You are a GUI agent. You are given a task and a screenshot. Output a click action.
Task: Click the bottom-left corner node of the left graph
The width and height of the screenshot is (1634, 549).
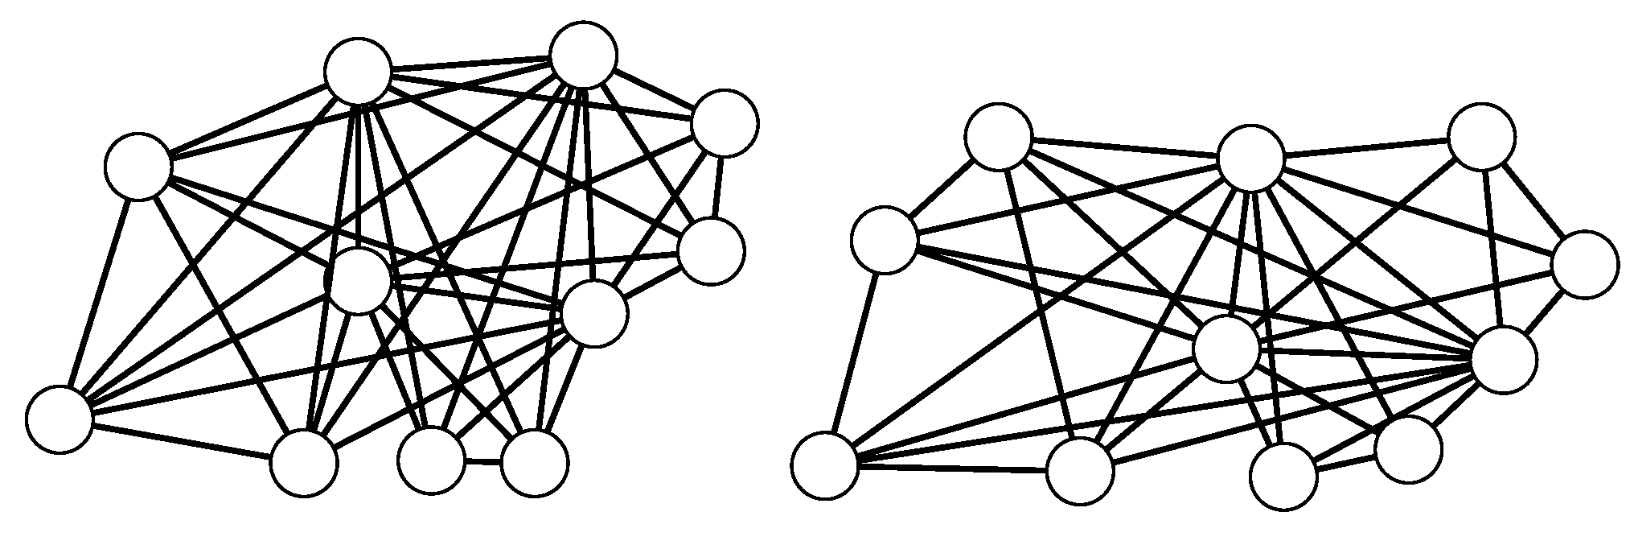tap(59, 419)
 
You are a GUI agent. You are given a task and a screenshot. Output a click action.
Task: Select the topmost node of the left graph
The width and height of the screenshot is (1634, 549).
tap(584, 55)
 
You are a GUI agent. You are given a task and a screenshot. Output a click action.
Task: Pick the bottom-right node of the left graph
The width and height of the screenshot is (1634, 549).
tap(535, 462)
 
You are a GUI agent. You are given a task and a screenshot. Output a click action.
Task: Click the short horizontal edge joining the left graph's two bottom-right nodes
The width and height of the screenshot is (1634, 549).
tap(483, 462)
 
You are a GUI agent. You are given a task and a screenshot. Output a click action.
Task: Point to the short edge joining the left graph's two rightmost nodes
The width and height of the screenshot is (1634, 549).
tap(718, 187)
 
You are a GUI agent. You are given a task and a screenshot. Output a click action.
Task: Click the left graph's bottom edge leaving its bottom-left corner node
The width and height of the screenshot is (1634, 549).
tap(181, 440)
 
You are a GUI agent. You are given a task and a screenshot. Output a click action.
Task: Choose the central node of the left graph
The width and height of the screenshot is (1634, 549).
tap(359, 281)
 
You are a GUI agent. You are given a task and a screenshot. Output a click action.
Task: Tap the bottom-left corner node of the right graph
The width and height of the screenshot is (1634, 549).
tap(824, 466)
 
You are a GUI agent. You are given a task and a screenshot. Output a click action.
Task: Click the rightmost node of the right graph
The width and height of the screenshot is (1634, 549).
tap(1585, 264)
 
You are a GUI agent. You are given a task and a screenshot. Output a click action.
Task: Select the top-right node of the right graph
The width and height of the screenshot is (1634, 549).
tap(1481, 136)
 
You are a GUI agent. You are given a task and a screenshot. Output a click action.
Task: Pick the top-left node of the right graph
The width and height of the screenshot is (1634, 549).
tap(999, 136)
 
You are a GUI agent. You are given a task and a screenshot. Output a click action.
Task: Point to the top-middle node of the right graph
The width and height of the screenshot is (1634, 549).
tap(1250, 158)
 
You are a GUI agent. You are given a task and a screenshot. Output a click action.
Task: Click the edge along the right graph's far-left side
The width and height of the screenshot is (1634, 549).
tap(854, 353)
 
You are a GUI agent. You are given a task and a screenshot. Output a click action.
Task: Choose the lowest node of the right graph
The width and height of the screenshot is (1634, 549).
tap(1284, 476)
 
